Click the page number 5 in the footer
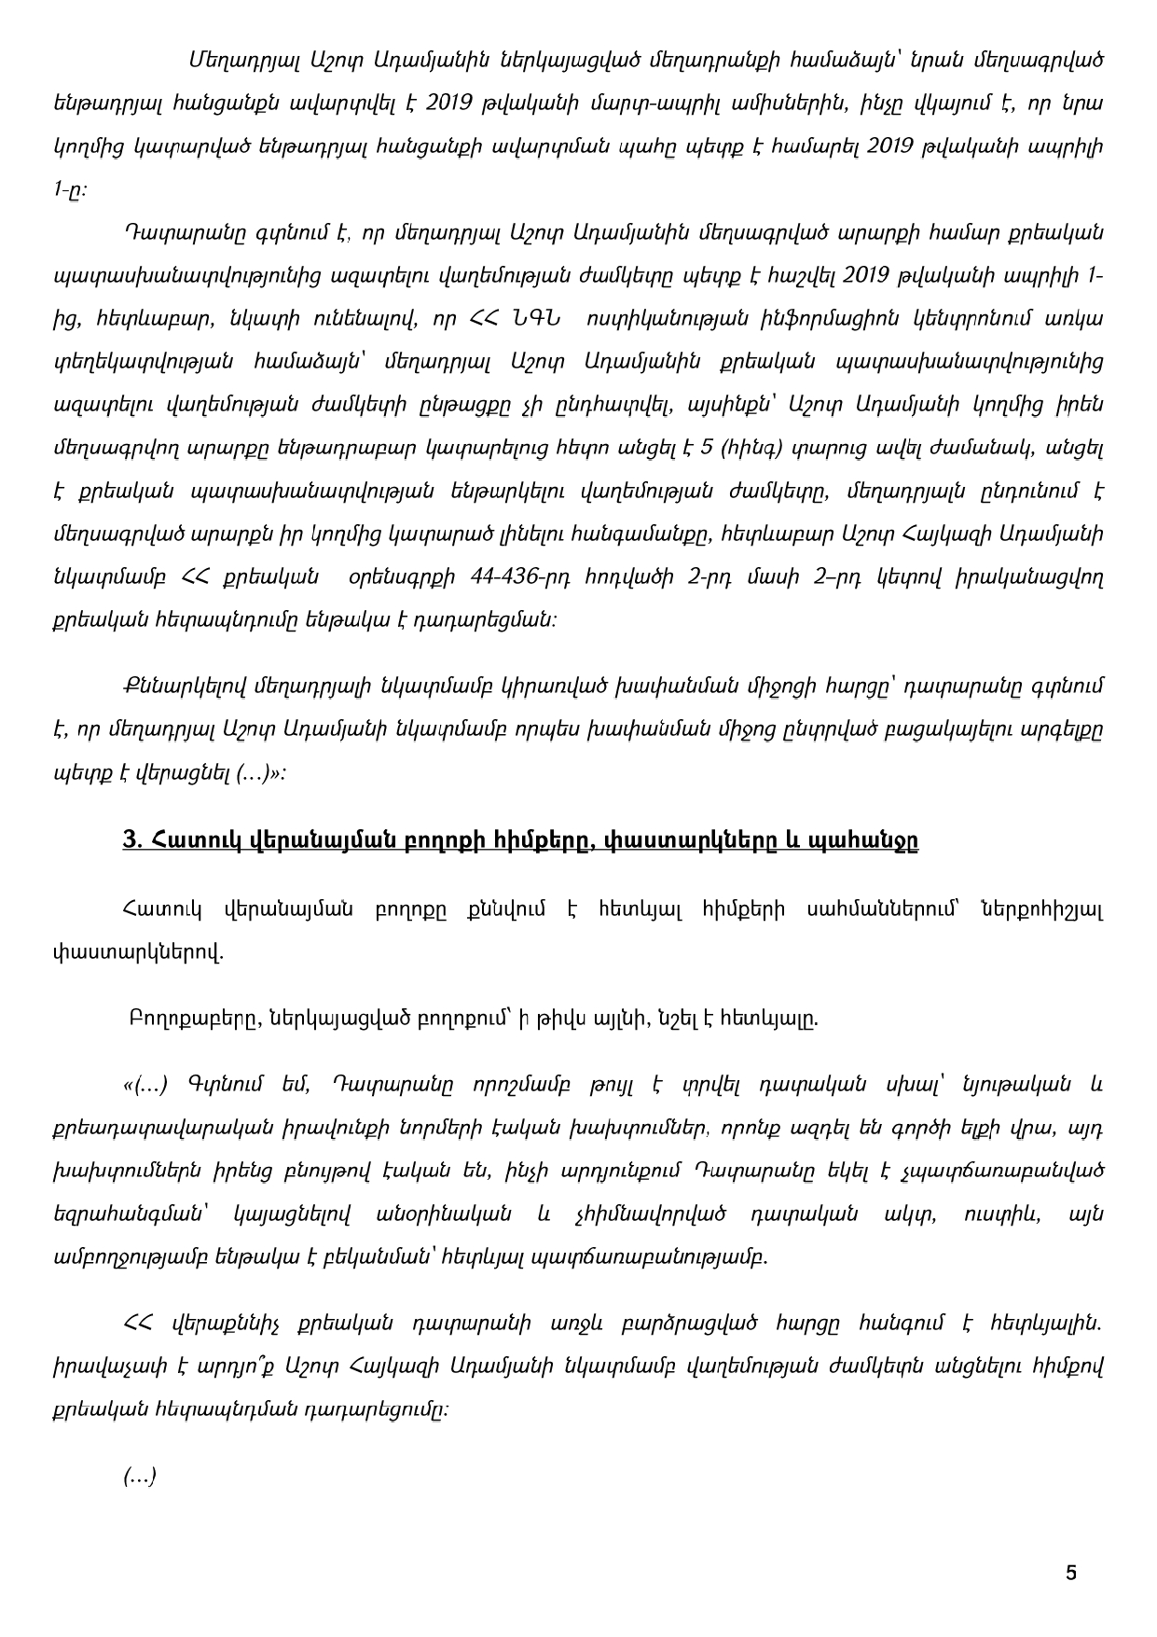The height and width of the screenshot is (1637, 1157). point(1070,1573)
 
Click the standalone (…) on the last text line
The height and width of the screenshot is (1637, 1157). point(139,1476)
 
